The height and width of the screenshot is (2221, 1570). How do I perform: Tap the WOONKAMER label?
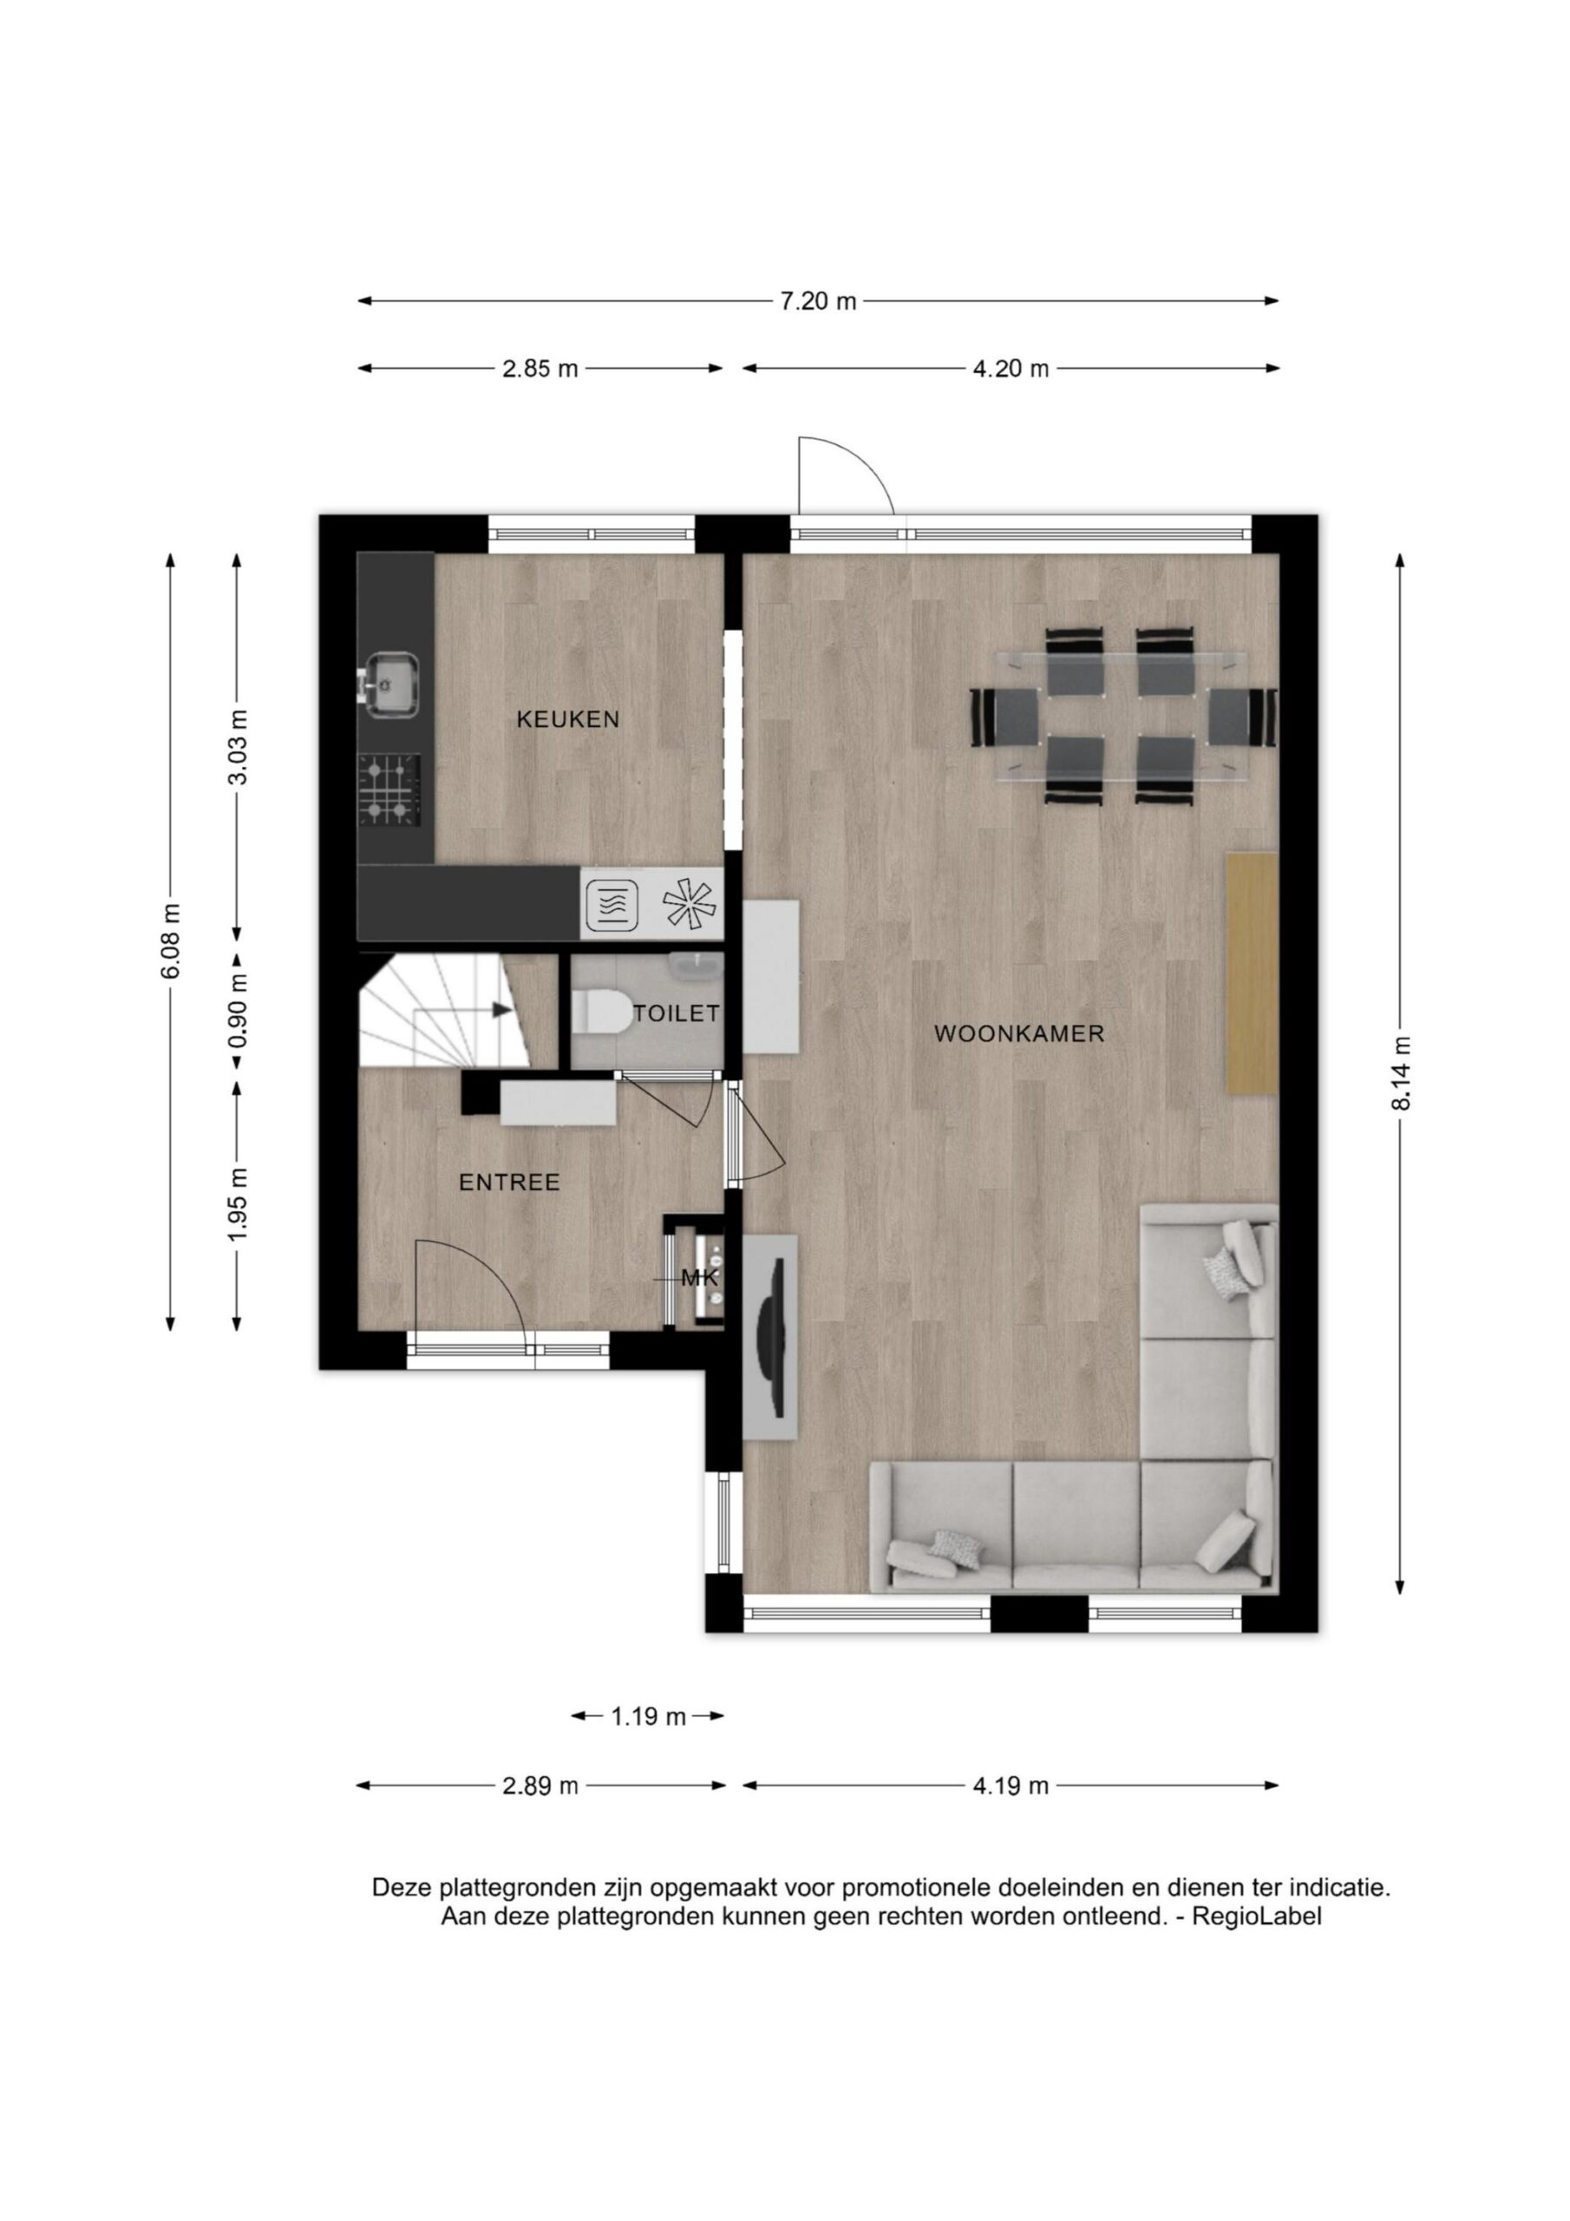click(x=1018, y=1033)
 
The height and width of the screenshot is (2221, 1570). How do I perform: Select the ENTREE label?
click(x=510, y=1183)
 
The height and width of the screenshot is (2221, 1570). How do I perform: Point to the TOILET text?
click(x=677, y=1012)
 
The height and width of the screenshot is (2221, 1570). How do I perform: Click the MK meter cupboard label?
click(x=699, y=1278)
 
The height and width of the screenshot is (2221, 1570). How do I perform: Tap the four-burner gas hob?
click(x=389, y=790)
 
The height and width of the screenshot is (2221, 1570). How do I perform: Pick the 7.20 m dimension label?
click(x=818, y=301)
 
